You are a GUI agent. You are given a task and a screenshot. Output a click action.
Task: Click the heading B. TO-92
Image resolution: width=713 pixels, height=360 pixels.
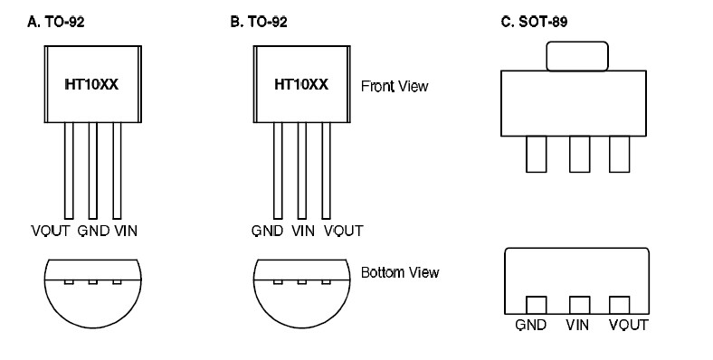259,20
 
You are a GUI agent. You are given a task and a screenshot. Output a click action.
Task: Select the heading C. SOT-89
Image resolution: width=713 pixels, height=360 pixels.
529,20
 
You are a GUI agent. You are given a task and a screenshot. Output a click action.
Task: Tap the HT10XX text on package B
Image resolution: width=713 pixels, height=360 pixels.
301,85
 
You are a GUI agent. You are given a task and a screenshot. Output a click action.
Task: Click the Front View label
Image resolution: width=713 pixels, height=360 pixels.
394,87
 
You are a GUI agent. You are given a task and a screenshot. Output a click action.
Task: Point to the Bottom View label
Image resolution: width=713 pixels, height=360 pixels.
400,271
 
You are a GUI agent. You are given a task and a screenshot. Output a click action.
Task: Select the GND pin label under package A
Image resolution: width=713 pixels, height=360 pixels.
94,231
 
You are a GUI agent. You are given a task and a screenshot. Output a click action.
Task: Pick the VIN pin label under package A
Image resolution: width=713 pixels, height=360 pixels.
127,231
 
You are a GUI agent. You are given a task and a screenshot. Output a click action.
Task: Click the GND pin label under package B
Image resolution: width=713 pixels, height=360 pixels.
269,231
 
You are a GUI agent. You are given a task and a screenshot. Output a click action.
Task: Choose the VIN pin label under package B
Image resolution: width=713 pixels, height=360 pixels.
303,231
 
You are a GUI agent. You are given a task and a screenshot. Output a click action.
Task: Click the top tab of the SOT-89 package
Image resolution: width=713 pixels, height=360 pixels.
576,56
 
